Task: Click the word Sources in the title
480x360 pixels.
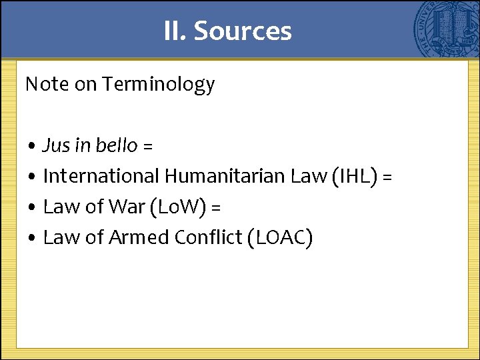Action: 243,31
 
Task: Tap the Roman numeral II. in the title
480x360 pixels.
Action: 175,31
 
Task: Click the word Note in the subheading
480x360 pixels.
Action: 46,85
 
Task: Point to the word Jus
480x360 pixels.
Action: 54,145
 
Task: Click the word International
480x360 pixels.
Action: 101,176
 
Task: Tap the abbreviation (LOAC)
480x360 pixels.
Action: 279,237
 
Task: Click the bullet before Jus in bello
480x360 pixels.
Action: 32,146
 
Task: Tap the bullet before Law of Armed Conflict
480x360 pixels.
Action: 32,238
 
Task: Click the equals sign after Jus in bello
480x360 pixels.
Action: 147,146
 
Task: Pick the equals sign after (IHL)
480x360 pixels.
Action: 387,177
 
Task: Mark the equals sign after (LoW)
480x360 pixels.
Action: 215,207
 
